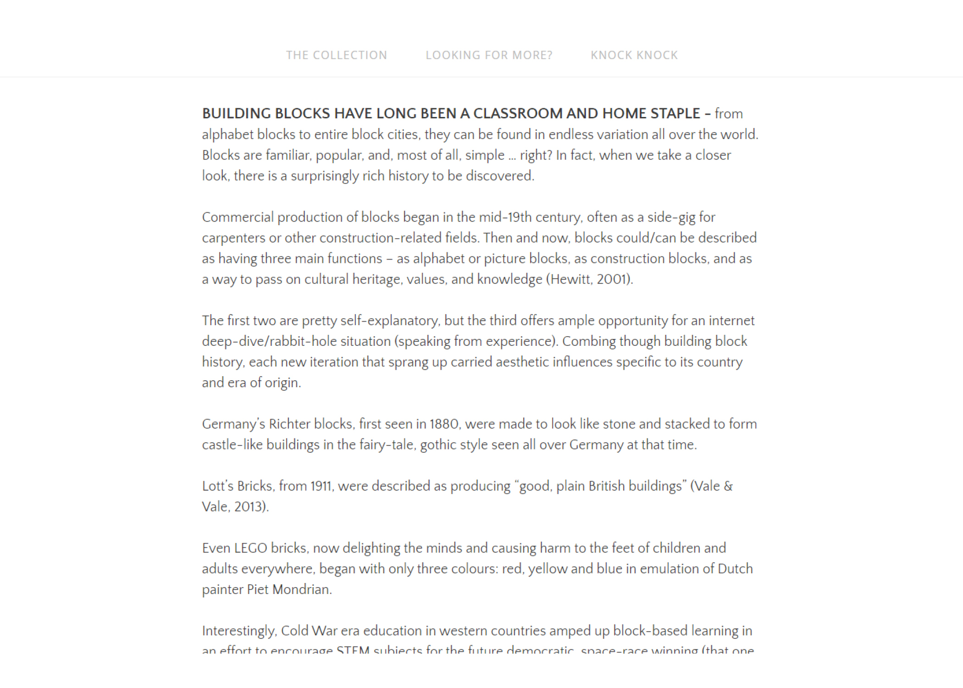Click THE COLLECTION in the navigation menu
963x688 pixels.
[x=337, y=55]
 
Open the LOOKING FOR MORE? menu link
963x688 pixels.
[x=489, y=55]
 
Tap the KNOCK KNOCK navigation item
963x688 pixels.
[x=634, y=55]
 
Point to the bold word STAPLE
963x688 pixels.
[x=675, y=113]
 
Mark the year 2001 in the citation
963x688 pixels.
[x=612, y=279]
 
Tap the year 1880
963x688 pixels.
[x=444, y=424]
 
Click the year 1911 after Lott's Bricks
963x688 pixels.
[x=321, y=486]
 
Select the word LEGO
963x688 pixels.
[x=250, y=548]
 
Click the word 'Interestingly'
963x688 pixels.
[x=239, y=631]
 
